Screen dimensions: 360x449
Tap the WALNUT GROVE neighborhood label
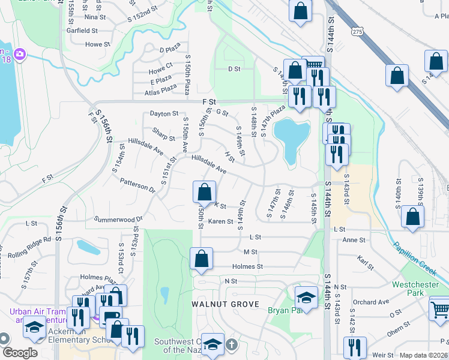(225, 304)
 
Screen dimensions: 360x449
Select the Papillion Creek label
(417, 260)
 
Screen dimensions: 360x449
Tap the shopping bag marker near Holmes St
(202, 259)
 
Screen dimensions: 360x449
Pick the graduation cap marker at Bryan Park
(306, 298)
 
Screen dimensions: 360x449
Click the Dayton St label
(164, 113)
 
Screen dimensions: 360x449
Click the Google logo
(20, 353)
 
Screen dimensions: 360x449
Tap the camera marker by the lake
(20, 55)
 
